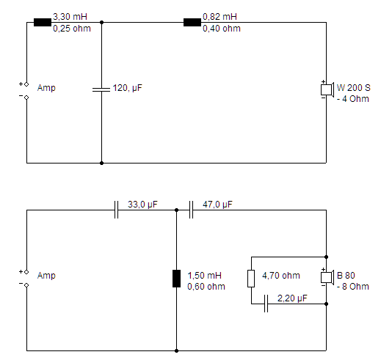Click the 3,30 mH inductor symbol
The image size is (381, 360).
43,22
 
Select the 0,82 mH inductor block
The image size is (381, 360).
192,22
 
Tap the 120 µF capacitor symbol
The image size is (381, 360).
101,89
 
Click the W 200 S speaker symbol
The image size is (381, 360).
327,89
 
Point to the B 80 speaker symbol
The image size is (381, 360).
327,277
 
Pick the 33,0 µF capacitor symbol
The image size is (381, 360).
116,210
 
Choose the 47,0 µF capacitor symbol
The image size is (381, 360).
191,210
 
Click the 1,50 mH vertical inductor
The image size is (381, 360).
176,279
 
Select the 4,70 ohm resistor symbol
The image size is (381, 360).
251,279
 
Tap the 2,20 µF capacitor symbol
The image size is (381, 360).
266,304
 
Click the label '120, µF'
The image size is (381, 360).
127,88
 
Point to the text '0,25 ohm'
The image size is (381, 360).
72,29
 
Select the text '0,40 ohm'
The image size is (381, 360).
222,29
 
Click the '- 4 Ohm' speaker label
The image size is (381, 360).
353,99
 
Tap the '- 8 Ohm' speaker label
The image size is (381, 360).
353,287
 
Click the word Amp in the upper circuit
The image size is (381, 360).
46,88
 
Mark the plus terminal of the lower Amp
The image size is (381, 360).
26,272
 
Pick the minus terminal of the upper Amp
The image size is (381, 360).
26,98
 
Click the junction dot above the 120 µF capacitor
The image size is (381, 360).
101,22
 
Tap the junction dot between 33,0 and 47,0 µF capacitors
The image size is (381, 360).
176,210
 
